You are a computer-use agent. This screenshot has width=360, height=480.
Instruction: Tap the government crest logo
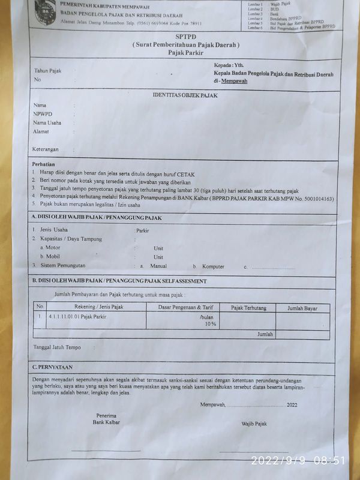tap(44, 12)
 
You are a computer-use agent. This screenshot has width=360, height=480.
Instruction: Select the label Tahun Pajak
tap(47, 71)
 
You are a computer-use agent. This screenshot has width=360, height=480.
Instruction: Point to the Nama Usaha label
tap(47, 123)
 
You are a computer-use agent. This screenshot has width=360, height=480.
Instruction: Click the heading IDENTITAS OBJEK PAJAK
tap(185, 95)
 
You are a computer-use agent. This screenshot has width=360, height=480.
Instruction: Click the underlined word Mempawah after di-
tap(234, 81)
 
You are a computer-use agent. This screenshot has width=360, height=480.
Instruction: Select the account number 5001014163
tap(317, 199)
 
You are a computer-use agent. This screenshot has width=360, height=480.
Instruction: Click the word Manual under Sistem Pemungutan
tap(158, 266)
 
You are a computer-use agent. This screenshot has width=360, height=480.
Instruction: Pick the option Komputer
tap(213, 266)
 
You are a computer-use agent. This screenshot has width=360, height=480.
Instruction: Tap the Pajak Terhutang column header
tap(248, 308)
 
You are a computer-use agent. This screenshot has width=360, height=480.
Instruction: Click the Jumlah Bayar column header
tap(302, 308)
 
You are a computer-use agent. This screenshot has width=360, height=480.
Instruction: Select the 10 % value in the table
tap(210, 324)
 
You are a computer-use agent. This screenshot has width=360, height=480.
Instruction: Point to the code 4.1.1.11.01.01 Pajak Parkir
tap(77, 316)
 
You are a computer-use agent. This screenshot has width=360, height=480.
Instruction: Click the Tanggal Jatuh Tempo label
tap(56, 347)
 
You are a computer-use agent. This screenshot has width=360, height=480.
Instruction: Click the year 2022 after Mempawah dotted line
tap(292, 405)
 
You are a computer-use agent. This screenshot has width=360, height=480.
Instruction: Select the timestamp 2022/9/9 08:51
tap(298, 461)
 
